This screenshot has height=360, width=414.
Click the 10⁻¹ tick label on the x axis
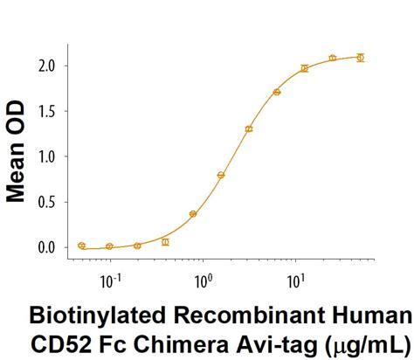111,282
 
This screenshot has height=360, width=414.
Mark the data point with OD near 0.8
221,175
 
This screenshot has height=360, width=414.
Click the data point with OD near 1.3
249,129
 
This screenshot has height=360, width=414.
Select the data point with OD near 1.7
277,92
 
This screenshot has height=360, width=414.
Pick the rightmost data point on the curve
361,58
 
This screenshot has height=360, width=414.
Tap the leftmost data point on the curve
81,246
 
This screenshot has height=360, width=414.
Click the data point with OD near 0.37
193,213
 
